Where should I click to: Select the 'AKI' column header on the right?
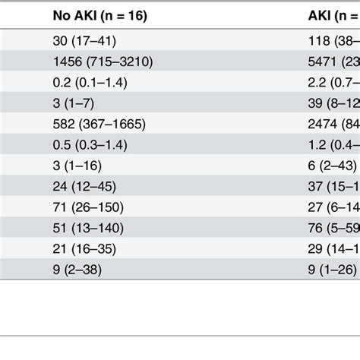click(x=333, y=16)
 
